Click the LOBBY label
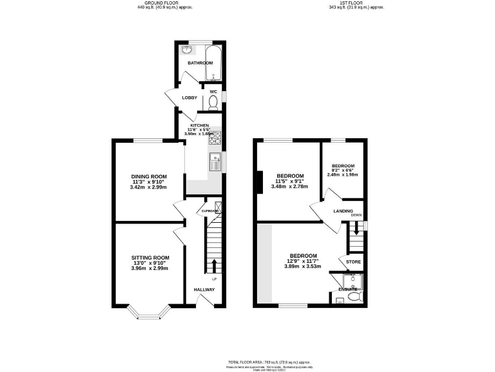189,98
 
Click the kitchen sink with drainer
215,162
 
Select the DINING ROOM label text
149,176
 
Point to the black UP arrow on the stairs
214,265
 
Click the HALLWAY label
204,289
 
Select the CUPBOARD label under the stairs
211,211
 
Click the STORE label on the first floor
353,262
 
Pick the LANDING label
342,211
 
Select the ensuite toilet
340,299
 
